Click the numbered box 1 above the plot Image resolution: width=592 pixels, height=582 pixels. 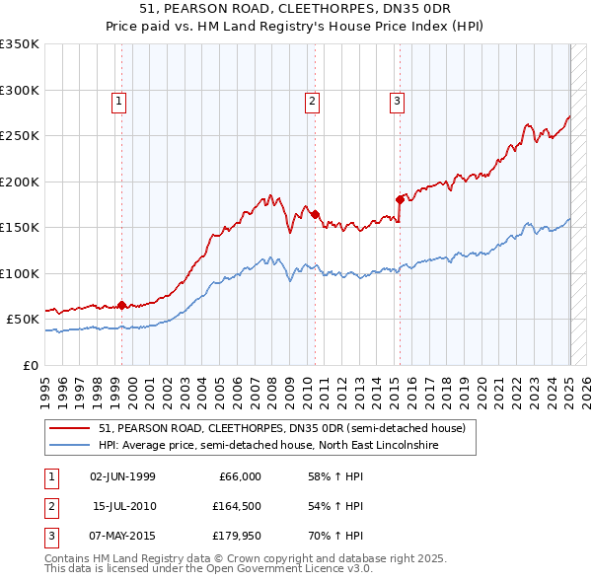118,100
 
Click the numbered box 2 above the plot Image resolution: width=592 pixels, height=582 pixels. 312,100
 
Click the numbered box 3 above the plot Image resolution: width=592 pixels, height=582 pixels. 397,100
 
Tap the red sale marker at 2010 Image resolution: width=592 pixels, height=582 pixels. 315,214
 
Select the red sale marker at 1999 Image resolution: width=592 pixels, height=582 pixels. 121,305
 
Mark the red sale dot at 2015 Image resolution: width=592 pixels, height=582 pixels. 400,199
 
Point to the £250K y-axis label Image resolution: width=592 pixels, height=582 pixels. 20,136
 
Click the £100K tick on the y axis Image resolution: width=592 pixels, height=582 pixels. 20,273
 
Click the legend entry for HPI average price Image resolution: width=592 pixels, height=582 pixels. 267,445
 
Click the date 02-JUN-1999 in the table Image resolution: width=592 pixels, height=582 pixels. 122,476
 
